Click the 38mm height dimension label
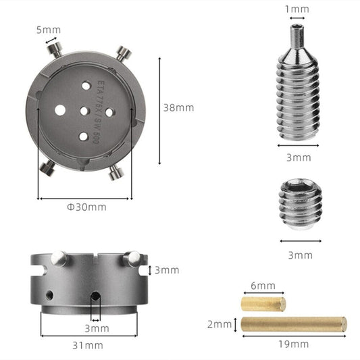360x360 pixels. tap(178, 107)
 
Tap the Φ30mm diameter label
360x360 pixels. tap(86, 207)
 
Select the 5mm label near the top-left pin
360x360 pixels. tap(49, 30)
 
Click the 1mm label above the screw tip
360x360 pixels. tap(297, 9)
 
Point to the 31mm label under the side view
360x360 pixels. tap(88, 345)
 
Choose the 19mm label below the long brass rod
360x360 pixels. tap(294, 344)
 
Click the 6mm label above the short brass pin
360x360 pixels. tap(263, 286)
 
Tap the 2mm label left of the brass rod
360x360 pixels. tap(220, 324)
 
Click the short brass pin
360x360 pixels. tap(263, 304)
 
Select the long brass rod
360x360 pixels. tap(294, 324)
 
